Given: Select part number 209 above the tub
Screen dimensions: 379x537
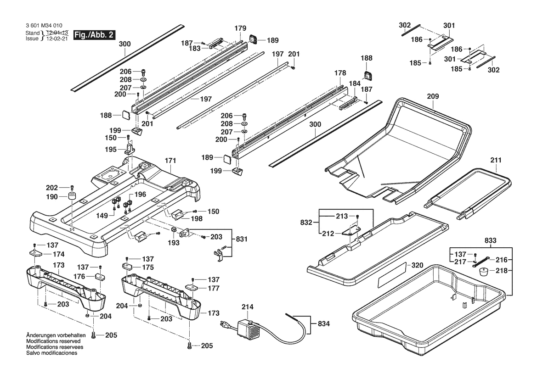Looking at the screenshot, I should point(433,97).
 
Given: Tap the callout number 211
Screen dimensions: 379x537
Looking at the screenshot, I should point(496,161).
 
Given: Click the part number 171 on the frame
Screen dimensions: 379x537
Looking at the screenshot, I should point(170,161).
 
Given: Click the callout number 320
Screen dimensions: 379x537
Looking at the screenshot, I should point(417,266).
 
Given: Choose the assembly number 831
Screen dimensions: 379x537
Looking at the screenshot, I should point(242,239).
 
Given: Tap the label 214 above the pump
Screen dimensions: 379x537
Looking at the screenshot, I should point(248,307).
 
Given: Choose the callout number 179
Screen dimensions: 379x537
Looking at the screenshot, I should point(241,28).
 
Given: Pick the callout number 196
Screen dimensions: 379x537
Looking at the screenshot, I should point(140,195).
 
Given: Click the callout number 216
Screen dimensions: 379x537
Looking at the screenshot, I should point(501,259).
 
